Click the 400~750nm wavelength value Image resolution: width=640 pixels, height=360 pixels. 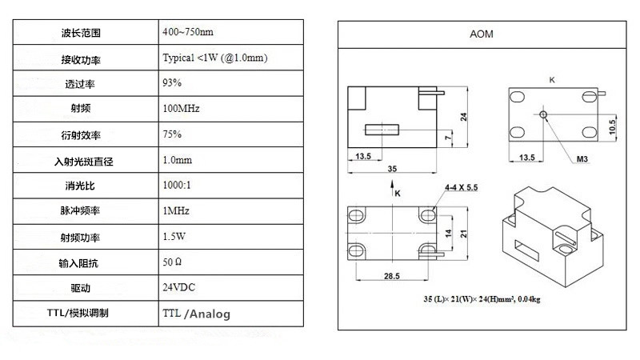tap(187, 33)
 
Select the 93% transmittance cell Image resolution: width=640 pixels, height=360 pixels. tap(172, 82)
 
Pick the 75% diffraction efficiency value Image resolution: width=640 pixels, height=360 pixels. tap(172, 134)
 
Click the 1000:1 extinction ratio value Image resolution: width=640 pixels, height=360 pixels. tap(177, 185)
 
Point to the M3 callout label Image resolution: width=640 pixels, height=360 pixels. tap(582, 159)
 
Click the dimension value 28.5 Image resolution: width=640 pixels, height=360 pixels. tap(393, 274)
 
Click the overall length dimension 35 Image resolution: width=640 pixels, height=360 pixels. tap(391, 169)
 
